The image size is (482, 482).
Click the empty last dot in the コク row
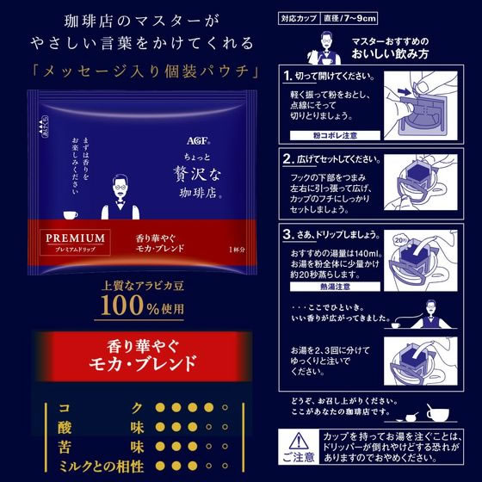click(x=225, y=407)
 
